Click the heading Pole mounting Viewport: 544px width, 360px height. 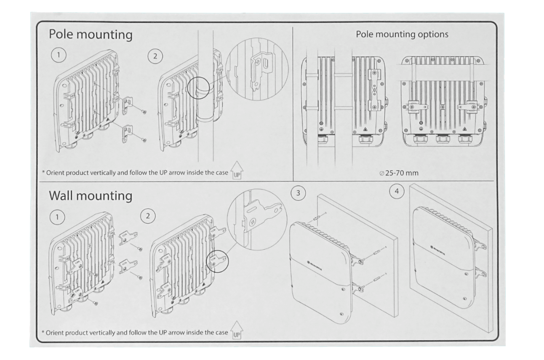(91, 35)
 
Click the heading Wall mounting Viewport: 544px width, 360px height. (91, 196)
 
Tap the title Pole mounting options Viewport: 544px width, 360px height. (402, 34)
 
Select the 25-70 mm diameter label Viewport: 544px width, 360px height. (399, 173)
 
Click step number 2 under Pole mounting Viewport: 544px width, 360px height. (156, 56)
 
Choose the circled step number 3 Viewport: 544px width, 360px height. (298, 193)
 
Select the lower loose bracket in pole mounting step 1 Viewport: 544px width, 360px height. (126, 132)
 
